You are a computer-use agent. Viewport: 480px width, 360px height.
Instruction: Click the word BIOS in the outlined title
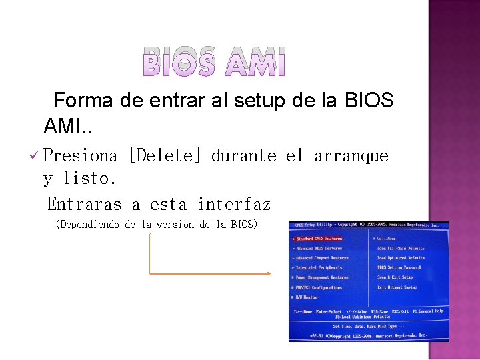(x=179, y=61)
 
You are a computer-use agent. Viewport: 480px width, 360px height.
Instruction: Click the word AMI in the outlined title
(x=255, y=61)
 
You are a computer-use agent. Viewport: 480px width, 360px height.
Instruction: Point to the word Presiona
(x=80, y=156)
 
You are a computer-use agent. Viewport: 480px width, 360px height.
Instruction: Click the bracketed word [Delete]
(x=164, y=156)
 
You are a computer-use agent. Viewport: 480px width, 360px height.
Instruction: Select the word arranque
(x=351, y=156)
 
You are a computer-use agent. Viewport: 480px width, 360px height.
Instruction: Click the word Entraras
(x=85, y=203)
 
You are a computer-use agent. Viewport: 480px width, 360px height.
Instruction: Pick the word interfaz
(x=234, y=203)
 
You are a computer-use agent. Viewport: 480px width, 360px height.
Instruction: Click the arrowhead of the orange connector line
(x=268, y=273)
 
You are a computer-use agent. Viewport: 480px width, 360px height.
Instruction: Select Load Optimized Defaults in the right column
(x=401, y=258)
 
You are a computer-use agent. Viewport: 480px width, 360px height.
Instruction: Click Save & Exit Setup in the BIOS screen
(x=395, y=277)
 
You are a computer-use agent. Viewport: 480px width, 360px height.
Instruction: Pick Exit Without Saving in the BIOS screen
(x=397, y=287)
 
